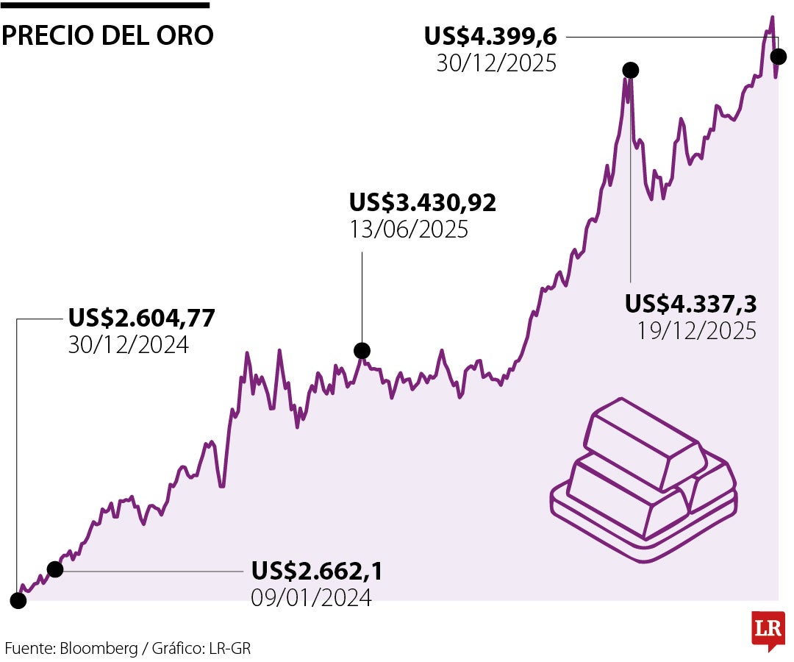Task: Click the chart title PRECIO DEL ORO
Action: point(107,35)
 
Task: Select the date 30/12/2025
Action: point(496,63)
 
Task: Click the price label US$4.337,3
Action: point(691,303)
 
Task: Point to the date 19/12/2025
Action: point(696,331)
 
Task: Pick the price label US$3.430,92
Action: point(423,202)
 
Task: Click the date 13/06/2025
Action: point(409,229)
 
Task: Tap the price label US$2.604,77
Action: point(142,318)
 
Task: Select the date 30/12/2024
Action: point(129,345)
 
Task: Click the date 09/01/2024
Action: point(311,598)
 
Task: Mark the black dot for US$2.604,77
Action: point(18,600)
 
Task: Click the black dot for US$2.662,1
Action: point(55,569)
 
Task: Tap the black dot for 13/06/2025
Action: point(362,350)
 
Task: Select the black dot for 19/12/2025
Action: point(630,70)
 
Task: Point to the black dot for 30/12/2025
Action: point(777,57)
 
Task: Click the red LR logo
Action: point(768,629)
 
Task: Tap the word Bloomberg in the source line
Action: point(99,649)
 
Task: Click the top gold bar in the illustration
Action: point(641,442)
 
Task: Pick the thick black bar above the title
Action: point(105,5)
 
